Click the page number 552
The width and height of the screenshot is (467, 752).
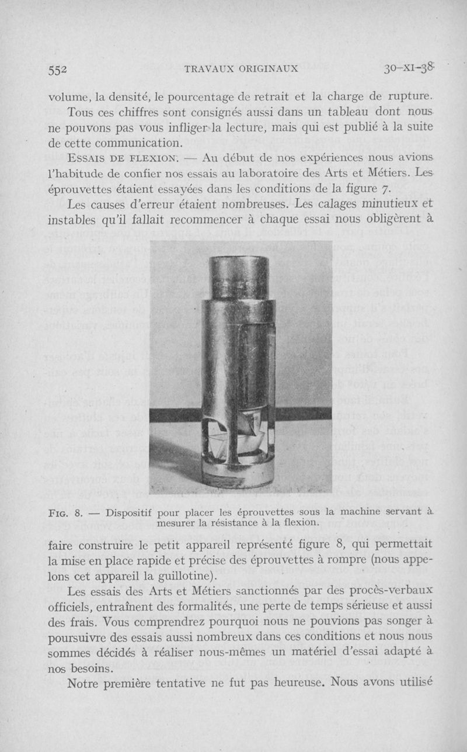[x=58, y=68]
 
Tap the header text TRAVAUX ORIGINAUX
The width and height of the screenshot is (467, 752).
[x=241, y=68]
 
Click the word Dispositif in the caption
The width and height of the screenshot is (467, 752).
[x=129, y=512]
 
